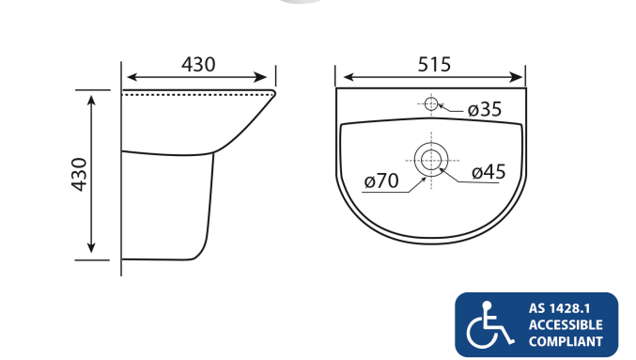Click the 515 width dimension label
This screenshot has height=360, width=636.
click(x=433, y=64)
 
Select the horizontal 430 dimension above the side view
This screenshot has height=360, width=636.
click(x=198, y=64)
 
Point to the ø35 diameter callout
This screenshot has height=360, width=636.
click(x=484, y=110)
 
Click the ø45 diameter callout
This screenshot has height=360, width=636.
click(x=489, y=171)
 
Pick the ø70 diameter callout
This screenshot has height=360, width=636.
click(x=381, y=180)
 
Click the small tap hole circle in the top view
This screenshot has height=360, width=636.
click(x=430, y=103)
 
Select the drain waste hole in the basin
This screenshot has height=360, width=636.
click(x=431, y=158)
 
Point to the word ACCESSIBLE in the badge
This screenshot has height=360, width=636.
click(x=565, y=324)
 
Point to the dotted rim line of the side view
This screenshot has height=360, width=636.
click(x=197, y=93)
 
